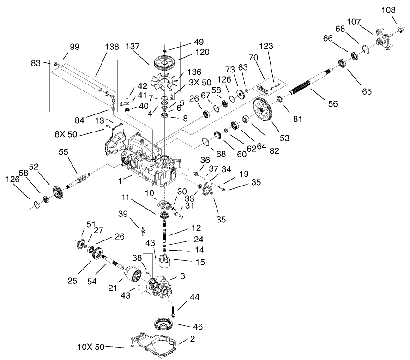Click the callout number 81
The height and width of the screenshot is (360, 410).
pyautogui.click(x=297, y=119)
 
